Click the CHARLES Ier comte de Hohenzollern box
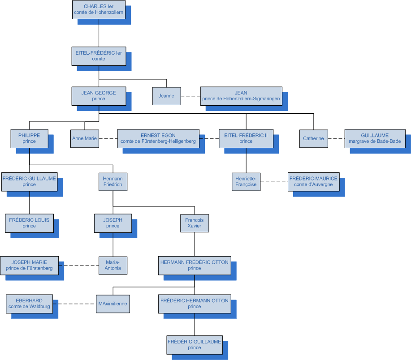click(x=99, y=9)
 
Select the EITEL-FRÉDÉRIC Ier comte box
click(x=99, y=56)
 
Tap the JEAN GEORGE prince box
click(x=99, y=96)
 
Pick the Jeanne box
click(x=166, y=96)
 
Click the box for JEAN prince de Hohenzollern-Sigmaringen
click(x=241, y=96)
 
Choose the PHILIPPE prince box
click(x=29, y=138)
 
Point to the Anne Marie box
click(x=85, y=138)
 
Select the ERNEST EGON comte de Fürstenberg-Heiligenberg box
click(x=158, y=138)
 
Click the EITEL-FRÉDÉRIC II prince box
click(x=246, y=138)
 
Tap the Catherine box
click(x=313, y=138)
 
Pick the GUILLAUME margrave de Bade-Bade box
click(x=375, y=138)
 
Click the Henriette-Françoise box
click(x=246, y=181)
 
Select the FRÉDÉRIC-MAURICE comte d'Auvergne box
click(x=313, y=181)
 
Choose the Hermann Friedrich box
click(x=112, y=181)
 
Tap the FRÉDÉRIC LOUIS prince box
click(x=29, y=223)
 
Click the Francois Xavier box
click(x=195, y=223)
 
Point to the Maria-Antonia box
click(x=112, y=265)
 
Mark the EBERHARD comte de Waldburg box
click(x=29, y=304)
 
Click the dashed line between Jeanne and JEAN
click(x=190, y=96)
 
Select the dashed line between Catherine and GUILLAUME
click(x=336, y=138)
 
